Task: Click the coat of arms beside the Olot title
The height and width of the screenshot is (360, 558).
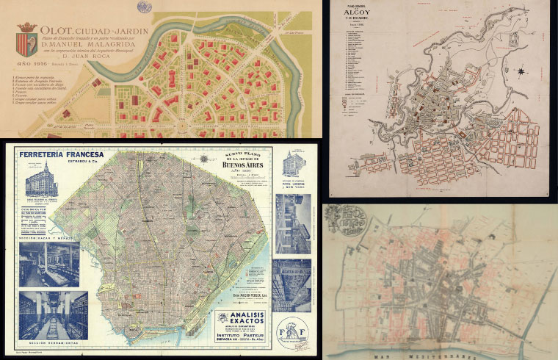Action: pos(29,37)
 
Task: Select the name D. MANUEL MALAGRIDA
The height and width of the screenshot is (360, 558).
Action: pos(89,53)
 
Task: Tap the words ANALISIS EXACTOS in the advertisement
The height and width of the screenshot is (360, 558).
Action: pos(242,317)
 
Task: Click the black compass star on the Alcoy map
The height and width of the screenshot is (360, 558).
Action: pos(521,71)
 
